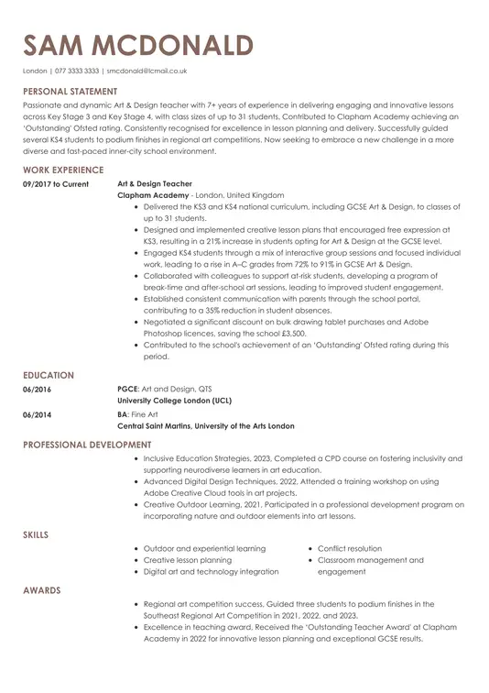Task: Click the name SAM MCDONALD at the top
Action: tap(138, 45)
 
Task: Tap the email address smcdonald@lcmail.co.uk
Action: tap(147, 71)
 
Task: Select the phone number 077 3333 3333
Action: tap(77, 71)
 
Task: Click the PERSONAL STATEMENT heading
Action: tap(71, 92)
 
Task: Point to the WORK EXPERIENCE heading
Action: tap(63, 170)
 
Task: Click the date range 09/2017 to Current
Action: tap(56, 184)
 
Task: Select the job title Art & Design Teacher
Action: tap(155, 184)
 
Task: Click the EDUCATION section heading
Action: tap(49, 376)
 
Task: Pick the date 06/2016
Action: tap(38, 390)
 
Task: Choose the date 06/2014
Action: tap(38, 414)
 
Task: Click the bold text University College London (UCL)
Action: tap(174, 401)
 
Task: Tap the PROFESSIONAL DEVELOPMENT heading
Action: tap(87, 445)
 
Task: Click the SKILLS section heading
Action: tap(36, 534)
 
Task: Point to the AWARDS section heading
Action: tap(41, 590)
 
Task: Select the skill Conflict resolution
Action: tap(350, 548)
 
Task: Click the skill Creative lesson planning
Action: tap(188, 560)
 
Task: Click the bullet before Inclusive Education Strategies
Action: tap(136, 458)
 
